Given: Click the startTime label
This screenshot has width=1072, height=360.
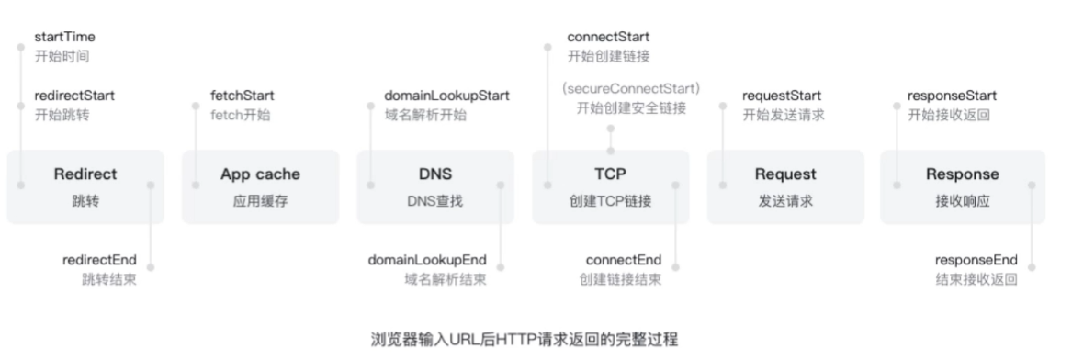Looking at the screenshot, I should tap(64, 38).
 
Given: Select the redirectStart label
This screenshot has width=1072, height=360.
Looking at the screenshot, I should tap(74, 96).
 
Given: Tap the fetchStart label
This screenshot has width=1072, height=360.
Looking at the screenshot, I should tap(242, 96).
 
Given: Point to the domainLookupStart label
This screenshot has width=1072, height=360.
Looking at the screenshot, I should tap(446, 96).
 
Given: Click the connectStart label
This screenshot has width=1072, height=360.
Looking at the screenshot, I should tap(608, 38).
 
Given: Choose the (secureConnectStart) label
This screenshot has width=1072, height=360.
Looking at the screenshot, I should tap(631, 88).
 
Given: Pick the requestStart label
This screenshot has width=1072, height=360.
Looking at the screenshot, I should tap(782, 96).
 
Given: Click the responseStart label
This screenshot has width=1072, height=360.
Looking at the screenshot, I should tap(952, 96).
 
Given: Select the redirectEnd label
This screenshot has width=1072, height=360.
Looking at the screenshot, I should tap(99, 261).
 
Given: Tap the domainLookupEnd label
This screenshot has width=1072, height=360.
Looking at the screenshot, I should tap(427, 261).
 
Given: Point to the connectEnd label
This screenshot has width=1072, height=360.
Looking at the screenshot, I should tap(623, 261).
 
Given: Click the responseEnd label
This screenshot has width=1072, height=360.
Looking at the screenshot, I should tap(976, 261).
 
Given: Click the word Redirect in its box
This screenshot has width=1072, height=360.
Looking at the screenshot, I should tap(85, 174).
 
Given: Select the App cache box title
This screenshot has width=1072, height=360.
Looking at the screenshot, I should tap(260, 174).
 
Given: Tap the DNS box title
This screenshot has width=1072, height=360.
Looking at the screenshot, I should tap(435, 174).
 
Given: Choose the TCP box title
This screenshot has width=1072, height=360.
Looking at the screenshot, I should tap(610, 174).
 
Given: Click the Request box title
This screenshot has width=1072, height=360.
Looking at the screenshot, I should tap(784, 174).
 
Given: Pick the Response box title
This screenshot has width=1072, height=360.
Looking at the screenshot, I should tap(962, 174).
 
